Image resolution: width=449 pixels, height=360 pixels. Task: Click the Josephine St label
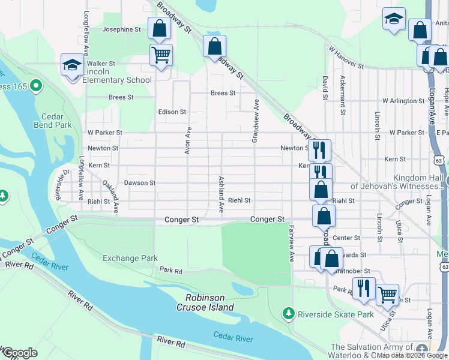click(x=121, y=29)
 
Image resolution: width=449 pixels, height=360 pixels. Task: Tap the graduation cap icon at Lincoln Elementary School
click(x=72, y=65)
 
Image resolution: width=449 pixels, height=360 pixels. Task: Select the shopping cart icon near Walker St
click(x=161, y=55)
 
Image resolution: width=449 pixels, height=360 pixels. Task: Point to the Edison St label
click(x=172, y=112)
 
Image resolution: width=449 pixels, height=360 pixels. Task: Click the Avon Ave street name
click(x=188, y=140)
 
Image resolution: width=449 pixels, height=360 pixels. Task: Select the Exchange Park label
click(x=130, y=258)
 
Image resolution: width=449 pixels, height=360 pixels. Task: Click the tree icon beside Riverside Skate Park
click(x=289, y=314)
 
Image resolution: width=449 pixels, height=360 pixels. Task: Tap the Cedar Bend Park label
click(x=56, y=121)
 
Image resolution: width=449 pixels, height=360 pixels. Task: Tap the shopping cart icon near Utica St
click(x=388, y=294)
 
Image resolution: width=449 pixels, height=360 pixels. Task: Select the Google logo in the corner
click(x=20, y=353)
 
